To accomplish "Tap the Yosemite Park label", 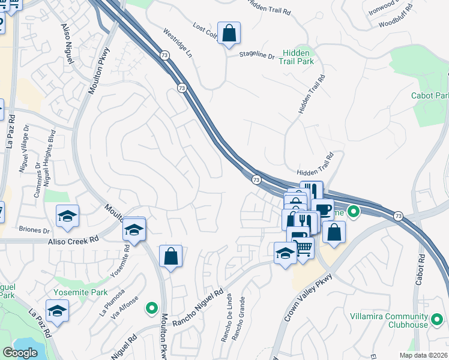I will pos(80,293).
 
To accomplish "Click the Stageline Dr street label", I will pos(256,56).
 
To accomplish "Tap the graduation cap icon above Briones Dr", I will pos(68,215).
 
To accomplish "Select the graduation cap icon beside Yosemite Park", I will pos(57,310).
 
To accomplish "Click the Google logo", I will pos(20,352).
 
